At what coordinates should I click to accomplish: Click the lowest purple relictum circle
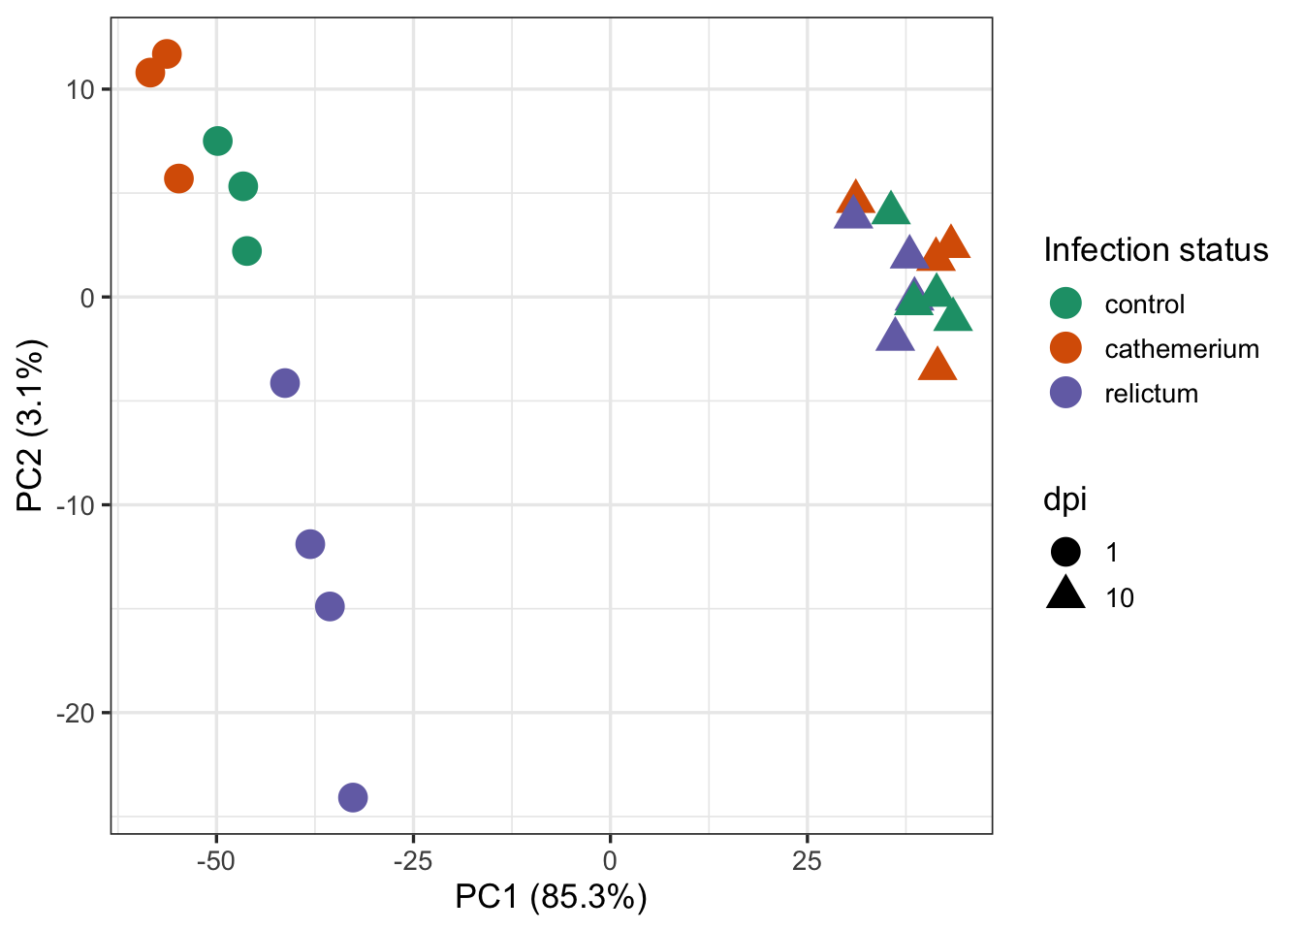(x=353, y=797)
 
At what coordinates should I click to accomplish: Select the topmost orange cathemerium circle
(x=167, y=54)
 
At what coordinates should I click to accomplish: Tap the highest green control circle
(x=218, y=142)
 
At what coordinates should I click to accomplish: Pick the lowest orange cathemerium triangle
(x=938, y=366)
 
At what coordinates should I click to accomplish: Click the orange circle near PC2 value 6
(x=179, y=178)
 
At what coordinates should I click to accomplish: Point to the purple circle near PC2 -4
(x=285, y=383)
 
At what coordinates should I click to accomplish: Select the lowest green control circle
(x=247, y=251)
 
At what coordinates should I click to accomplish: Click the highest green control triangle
(x=890, y=209)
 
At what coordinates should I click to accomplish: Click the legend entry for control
(x=1144, y=305)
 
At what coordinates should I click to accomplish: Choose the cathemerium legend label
(x=1181, y=349)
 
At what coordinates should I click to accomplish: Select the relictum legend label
(x=1151, y=394)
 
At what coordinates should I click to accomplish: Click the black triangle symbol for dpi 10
(x=1065, y=594)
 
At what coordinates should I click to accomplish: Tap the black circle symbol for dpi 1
(x=1065, y=552)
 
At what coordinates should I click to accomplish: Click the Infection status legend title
(x=1156, y=250)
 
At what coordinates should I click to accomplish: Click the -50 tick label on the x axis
(x=216, y=860)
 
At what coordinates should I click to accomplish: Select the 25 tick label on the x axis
(x=807, y=860)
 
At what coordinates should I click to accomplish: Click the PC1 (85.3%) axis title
(x=551, y=897)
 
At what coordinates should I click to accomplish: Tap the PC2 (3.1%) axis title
(x=31, y=425)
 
